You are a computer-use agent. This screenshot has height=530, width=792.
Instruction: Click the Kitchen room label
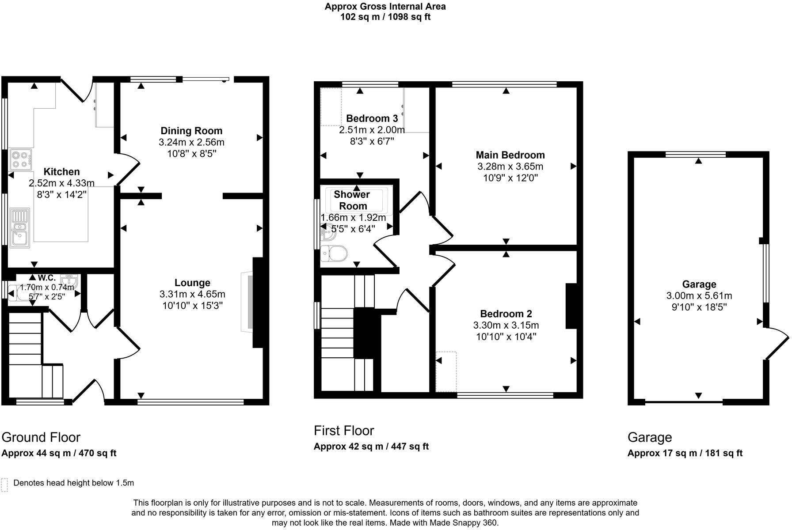point(61,172)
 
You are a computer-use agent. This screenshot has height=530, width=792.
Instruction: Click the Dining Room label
point(191,131)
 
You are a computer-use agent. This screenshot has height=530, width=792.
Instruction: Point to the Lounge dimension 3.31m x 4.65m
point(192,294)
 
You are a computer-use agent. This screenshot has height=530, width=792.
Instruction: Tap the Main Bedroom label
point(510,155)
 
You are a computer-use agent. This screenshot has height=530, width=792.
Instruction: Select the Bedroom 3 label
point(372,118)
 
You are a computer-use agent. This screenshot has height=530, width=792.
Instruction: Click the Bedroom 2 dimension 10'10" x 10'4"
point(506,337)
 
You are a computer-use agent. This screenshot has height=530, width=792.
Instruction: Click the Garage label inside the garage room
point(699,284)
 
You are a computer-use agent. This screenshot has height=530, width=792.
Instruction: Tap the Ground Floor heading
point(41,437)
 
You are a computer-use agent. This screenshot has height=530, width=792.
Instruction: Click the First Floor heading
point(344,431)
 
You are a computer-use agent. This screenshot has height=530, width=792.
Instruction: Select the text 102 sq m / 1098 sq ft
point(385,17)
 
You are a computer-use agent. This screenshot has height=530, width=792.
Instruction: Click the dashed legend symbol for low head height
point(4,485)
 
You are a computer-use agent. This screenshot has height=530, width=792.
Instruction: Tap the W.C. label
point(46,278)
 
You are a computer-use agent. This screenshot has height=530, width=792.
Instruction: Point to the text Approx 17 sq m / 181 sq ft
point(685,453)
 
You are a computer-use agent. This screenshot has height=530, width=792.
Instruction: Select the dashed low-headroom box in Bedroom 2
point(446,371)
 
